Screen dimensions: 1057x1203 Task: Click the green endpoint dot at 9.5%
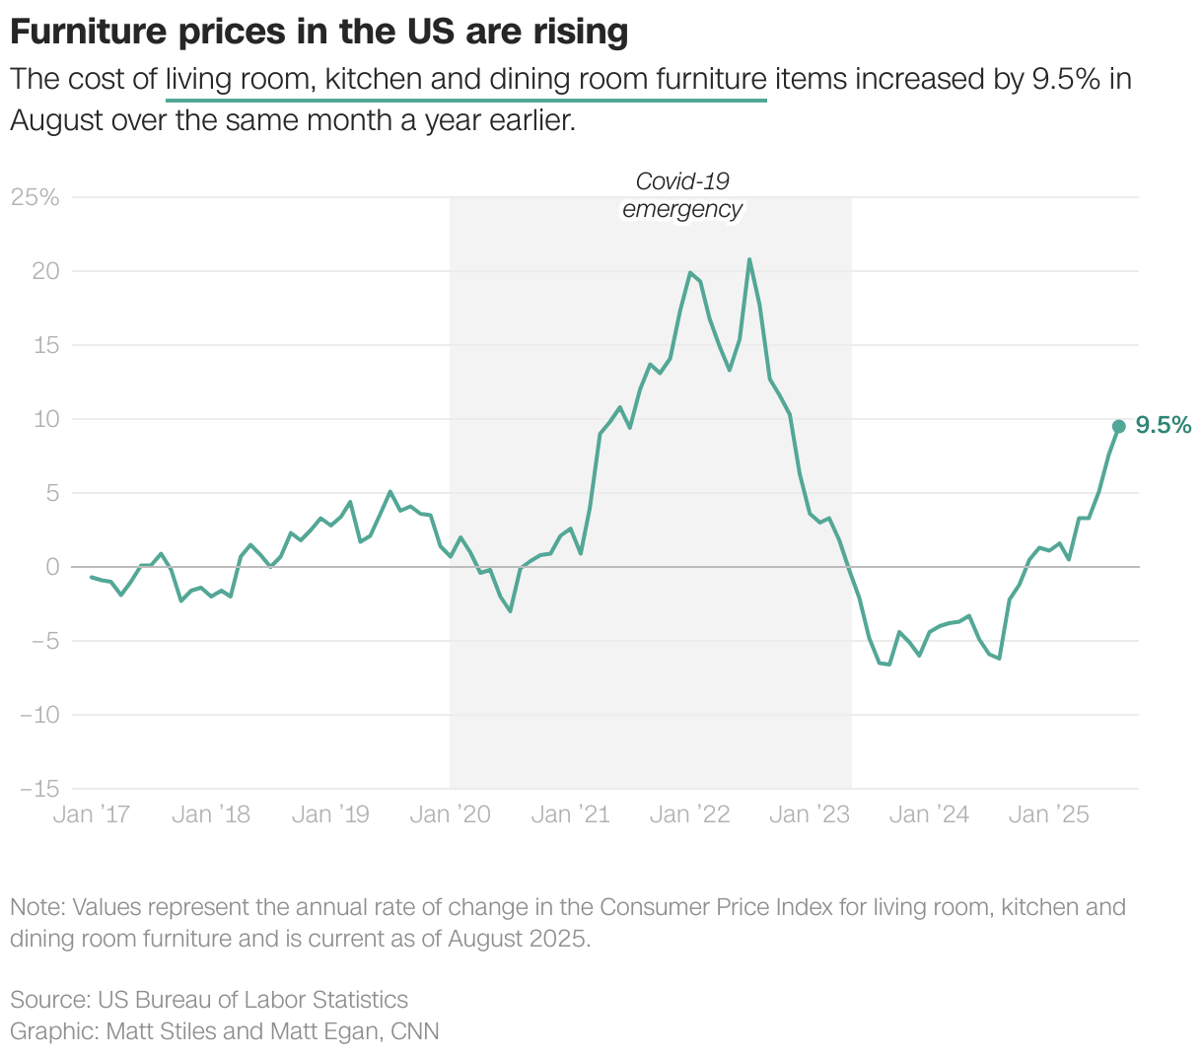(x=1118, y=426)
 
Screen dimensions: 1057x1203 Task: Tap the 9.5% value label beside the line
(x=1164, y=425)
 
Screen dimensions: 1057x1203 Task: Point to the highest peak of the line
(x=749, y=259)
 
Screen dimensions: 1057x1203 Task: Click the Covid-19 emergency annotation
(x=682, y=195)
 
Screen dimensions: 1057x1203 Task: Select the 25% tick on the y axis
(x=35, y=197)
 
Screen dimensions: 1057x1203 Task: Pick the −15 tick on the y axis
(x=38, y=789)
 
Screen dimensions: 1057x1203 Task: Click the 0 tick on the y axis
(x=51, y=567)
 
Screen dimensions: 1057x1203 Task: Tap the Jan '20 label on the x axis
(x=450, y=814)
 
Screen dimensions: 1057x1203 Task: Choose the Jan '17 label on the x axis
(x=91, y=814)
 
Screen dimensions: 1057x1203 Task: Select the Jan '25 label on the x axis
(x=1049, y=814)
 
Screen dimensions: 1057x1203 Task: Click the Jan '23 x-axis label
(x=809, y=814)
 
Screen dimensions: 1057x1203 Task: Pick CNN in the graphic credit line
(x=415, y=1031)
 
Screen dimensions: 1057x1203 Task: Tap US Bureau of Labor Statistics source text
(x=252, y=1000)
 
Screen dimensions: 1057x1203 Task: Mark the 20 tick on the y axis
(x=45, y=271)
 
